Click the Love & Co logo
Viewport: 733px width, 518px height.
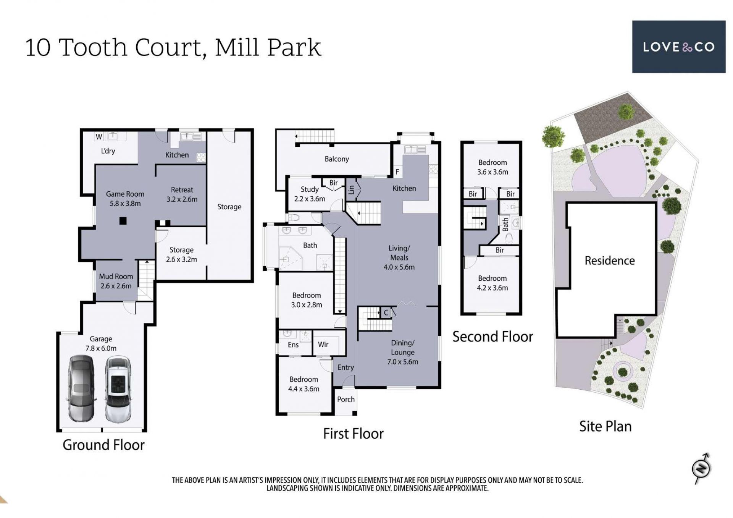coord(678,47)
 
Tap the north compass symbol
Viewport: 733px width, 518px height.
coord(702,468)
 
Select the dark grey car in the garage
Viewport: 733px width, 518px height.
coord(81,388)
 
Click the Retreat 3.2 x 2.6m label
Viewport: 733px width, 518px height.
coord(182,194)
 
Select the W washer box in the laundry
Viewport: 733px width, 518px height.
coord(99,136)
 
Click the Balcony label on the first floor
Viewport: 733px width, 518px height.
coord(337,159)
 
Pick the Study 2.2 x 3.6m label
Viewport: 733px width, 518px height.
coord(310,194)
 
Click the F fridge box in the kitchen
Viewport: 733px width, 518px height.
coord(397,172)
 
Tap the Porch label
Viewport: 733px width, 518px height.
coord(346,399)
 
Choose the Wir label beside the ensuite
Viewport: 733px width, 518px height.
coord(323,345)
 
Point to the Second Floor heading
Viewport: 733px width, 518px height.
coord(492,337)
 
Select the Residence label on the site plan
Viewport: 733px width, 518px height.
coord(610,261)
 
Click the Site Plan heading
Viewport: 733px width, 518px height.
coord(605,426)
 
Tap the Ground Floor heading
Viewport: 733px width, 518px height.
coord(103,445)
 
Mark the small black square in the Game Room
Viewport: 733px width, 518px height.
coord(123,220)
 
